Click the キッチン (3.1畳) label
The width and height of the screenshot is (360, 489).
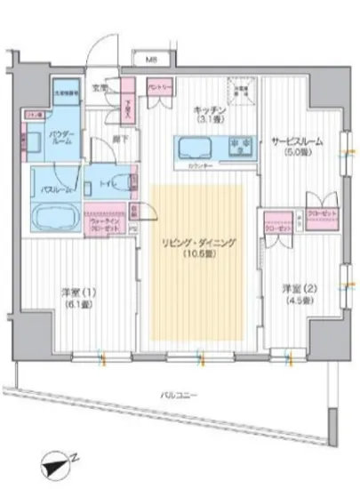pyautogui.click(x=211, y=113)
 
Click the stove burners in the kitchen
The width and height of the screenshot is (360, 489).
pyautogui.click(x=239, y=146)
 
